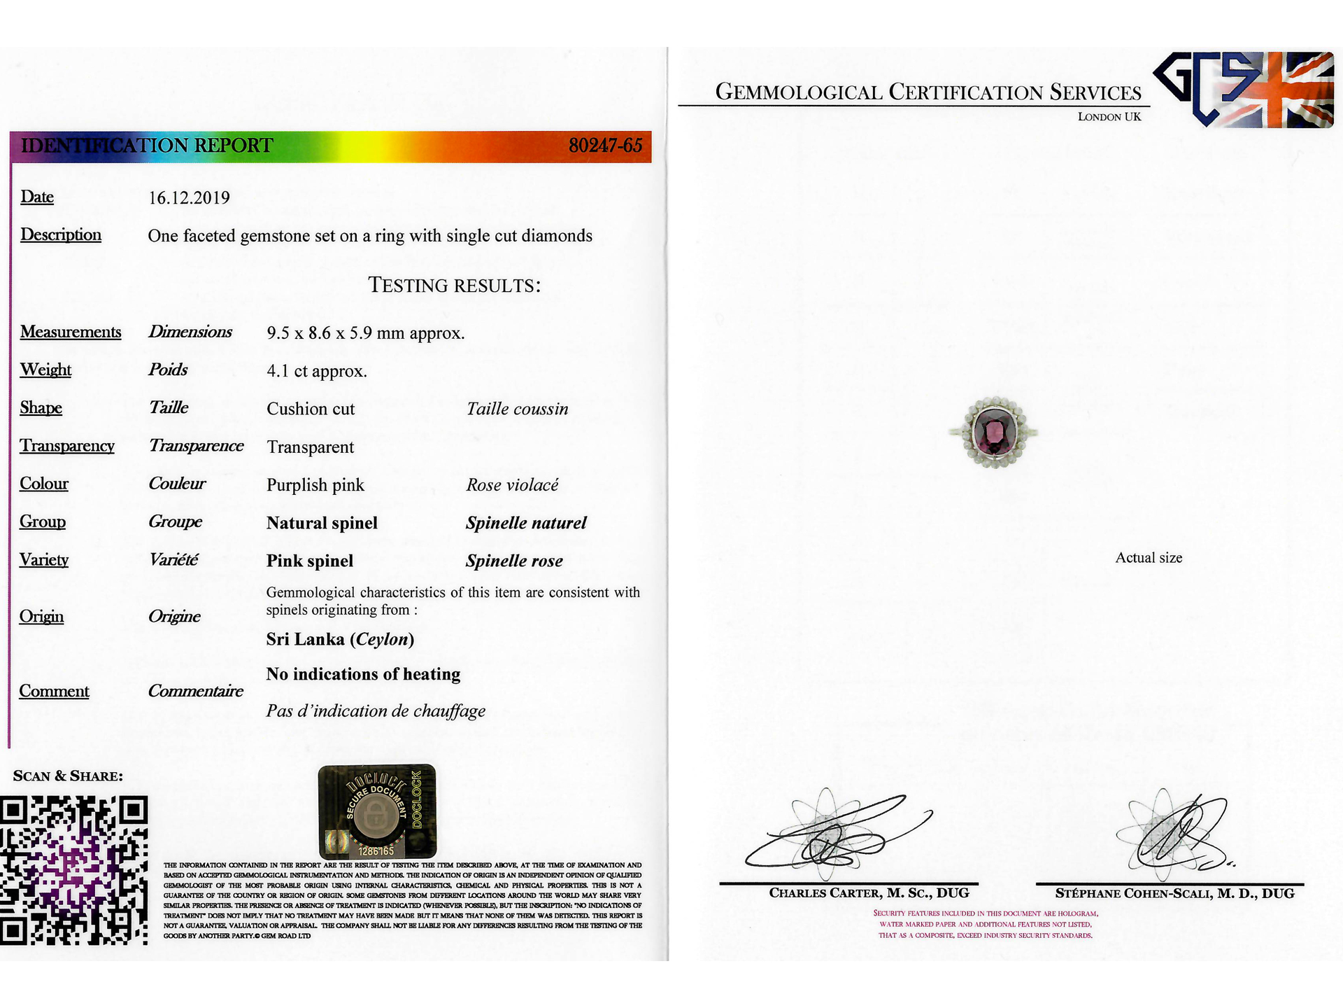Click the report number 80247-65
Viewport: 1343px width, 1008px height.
(x=605, y=146)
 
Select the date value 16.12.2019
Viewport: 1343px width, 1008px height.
(x=189, y=198)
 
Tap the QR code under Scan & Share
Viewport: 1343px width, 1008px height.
(x=74, y=870)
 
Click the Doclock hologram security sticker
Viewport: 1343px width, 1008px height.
(x=377, y=811)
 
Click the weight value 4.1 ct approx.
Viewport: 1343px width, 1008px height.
(x=316, y=371)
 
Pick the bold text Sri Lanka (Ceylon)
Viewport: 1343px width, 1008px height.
(x=340, y=639)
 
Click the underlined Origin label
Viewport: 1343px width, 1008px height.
(x=41, y=617)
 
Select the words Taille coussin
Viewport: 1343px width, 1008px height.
(x=517, y=409)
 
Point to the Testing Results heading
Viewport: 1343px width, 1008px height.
(x=454, y=286)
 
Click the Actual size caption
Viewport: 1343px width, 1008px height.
(x=1149, y=558)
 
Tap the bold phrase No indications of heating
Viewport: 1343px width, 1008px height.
(x=363, y=674)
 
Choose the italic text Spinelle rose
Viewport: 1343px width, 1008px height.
(x=514, y=561)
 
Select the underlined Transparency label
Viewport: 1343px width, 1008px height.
(x=67, y=446)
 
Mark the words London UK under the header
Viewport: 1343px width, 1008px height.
(x=1109, y=117)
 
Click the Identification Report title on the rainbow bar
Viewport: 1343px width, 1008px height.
(x=146, y=146)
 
